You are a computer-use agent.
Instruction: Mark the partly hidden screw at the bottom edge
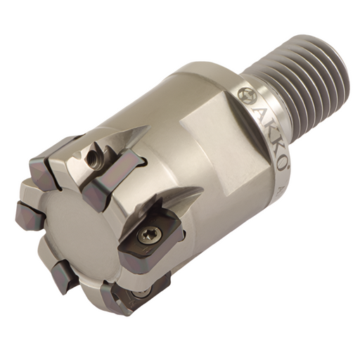(x=141, y=291)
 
